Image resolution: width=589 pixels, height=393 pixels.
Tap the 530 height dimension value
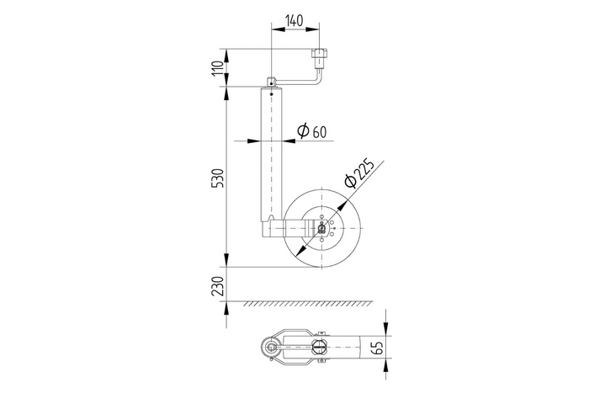click(x=219, y=178)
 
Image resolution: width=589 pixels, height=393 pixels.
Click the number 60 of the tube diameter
click(x=319, y=132)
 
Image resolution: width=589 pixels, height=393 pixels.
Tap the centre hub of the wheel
click(x=322, y=227)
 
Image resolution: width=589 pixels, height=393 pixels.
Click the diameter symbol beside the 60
click(x=302, y=131)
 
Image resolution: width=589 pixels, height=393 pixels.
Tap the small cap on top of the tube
click(x=272, y=82)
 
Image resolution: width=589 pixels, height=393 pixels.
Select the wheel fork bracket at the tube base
click(x=282, y=228)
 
